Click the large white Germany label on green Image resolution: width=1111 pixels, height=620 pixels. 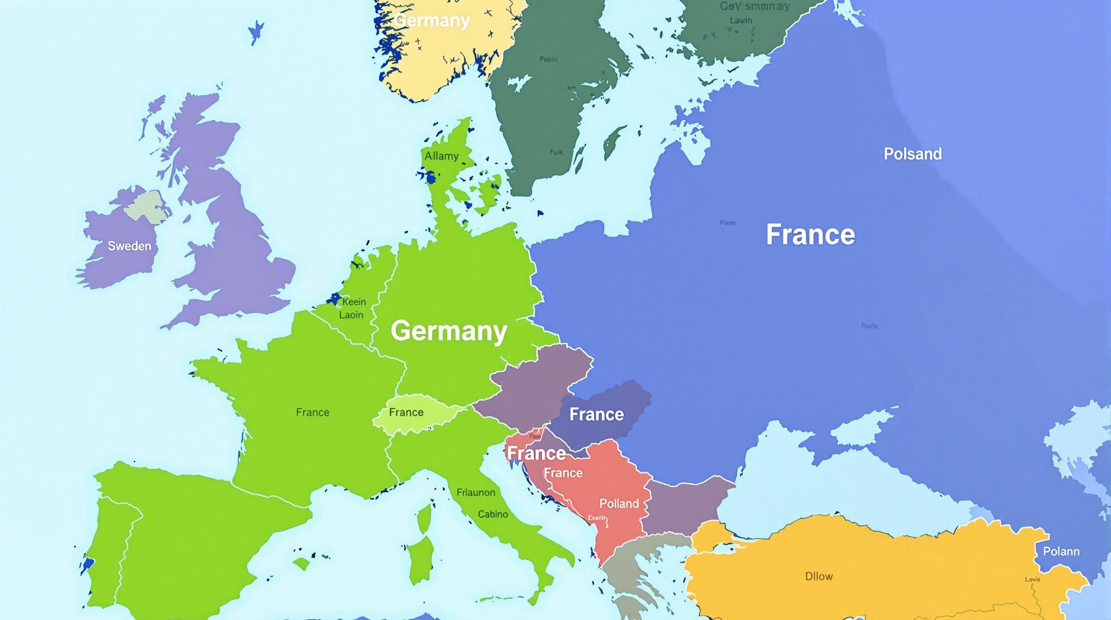pyautogui.click(x=449, y=331)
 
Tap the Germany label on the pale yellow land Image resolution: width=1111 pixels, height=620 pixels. pyautogui.click(x=432, y=21)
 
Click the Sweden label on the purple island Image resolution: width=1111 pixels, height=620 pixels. pyautogui.click(x=129, y=246)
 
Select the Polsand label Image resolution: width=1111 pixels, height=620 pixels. pyautogui.click(x=913, y=154)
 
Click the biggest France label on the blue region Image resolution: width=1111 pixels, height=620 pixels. pyautogui.click(x=810, y=235)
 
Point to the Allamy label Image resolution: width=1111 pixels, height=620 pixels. pyautogui.click(x=441, y=156)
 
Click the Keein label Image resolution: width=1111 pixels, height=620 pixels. pyautogui.click(x=354, y=302)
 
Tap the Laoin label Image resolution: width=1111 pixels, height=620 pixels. pyautogui.click(x=351, y=315)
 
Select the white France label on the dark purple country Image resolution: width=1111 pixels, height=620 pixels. pyautogui.click(x=596, y=414)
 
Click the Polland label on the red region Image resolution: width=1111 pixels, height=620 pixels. pyautogui.click(x=619, y=503)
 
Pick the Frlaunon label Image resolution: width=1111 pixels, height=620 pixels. pyautogui.click(x=476, y=492)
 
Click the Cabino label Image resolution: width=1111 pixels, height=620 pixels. pyautogui.click(x=493, y=514)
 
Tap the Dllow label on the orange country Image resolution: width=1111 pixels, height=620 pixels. pyautogui.click(x=819, y=576)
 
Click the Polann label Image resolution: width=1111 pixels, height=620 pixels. pyautogui.click(x=1061, y=551)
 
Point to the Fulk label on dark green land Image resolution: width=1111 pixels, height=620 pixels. pyautogui.click(x=556, y=152)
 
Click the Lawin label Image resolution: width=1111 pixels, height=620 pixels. pyautogui.click(x=741, y=20)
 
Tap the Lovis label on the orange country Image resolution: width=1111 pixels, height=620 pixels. pyautogui.click(x=1033, y=579)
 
